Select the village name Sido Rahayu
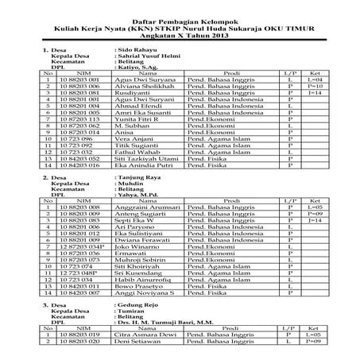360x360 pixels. pyautogui.click(x=136, y=49)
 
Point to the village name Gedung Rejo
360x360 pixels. pyautogui.click(x=139, y=305)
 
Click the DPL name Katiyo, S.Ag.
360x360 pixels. pyautogui.click(x=137, y=68)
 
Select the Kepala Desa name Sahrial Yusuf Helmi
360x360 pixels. pyautogui.click(x=148, y=56)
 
